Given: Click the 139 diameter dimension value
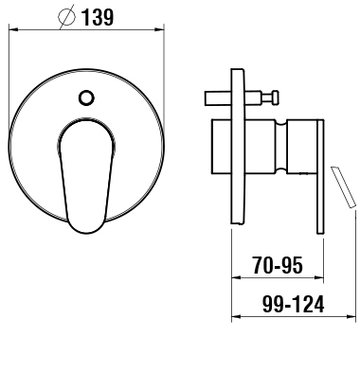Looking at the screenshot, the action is [97, 17].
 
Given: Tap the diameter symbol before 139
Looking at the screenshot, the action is [67, 17].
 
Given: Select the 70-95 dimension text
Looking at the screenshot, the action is [278, 265].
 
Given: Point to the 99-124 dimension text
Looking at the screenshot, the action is [294, 304].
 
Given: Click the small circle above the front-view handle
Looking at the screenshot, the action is [86, 97].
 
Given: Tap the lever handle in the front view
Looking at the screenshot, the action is [86, 177].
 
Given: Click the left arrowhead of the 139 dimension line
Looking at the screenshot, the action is [13, 29].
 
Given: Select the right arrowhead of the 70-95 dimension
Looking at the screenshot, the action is [319, 277].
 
